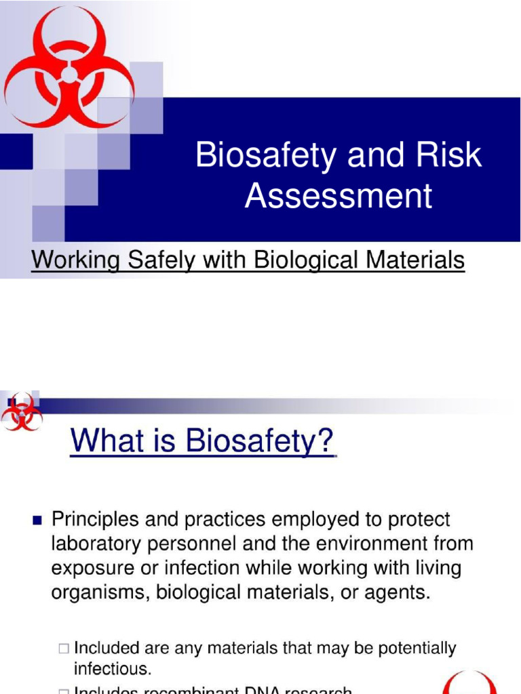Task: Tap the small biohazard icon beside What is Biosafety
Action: click(x=21, y=412)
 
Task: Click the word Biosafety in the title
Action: click(x=266, y=155)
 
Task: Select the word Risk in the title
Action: click(x=448, y=155)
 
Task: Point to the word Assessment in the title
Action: click(x=338, y=195)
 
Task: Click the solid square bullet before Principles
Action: click(x=37, y=521)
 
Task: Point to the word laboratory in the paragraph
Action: click(x=98, y=544)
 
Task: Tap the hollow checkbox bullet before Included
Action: click(x=64, y=649)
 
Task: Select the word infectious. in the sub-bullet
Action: click(x=112, y=669)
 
